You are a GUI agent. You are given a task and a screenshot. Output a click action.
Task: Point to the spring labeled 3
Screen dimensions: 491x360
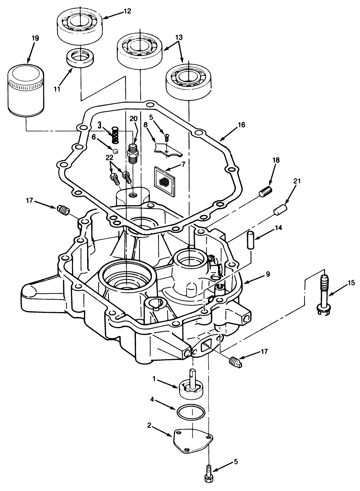click(115, 136)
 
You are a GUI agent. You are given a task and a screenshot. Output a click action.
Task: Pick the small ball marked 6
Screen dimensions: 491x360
click(115, 151)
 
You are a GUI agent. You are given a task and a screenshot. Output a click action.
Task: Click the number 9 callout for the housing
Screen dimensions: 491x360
click(268, 274)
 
